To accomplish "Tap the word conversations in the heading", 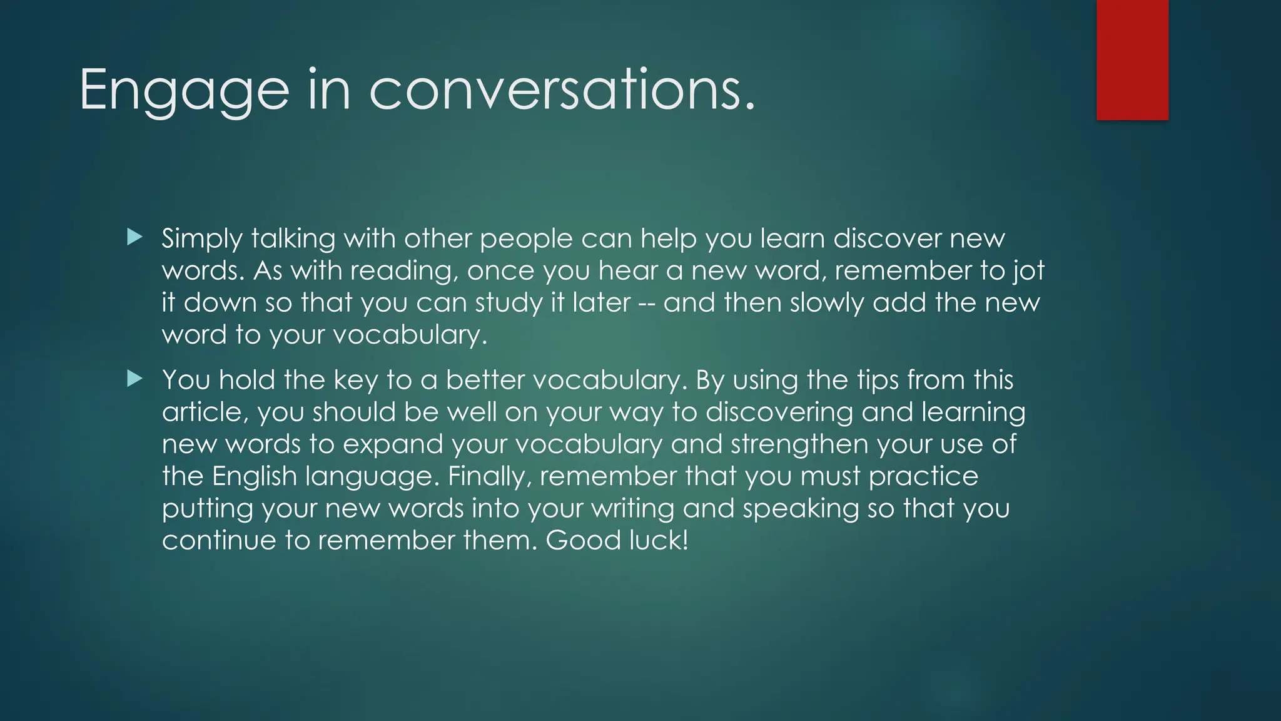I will coord(562,90).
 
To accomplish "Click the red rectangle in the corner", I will coord(1132,60).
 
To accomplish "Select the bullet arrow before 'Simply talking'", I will coord(134,237).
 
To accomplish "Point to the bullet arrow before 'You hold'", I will coord(134,379).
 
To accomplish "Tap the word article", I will coord(204,412).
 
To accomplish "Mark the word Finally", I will coord(489,477).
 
